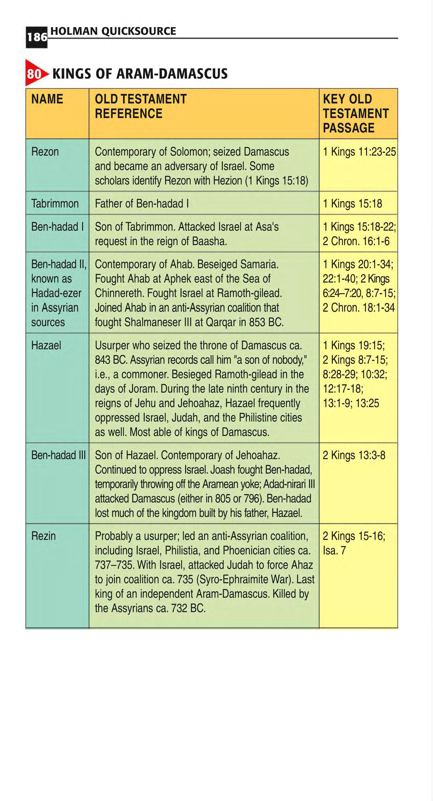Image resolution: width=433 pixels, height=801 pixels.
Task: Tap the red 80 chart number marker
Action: click(35, 74)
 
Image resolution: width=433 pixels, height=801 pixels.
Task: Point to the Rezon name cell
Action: click(45, 152)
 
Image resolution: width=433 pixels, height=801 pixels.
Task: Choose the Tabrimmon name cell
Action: click(55, 204)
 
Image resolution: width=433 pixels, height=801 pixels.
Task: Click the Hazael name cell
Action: click(46, 345)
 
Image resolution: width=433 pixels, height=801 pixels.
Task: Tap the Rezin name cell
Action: click(44, 536)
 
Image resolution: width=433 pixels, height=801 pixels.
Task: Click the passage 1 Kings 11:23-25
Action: click(359, 152)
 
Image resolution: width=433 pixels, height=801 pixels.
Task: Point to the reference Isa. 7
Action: click(334, 551)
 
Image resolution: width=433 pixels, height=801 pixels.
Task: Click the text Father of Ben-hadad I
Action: click(142, 204)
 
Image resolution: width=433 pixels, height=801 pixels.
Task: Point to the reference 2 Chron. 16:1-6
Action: click(356, 241)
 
